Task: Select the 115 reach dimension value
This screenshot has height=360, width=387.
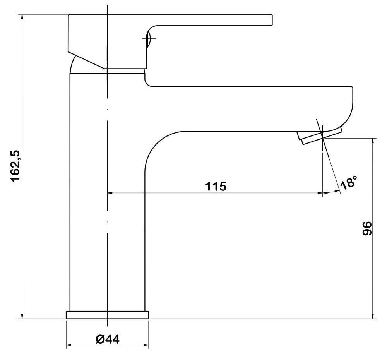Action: (x=216, y=186)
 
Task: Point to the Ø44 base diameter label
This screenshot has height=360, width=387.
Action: (x=107, y=339)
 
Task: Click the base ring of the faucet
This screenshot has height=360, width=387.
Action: (x=108, y=315)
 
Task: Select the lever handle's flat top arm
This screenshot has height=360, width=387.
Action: (x=209, y=19)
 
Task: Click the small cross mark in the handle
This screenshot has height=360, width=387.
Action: (x=150, y=39)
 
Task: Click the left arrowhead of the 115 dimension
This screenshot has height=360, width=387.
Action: (x=110, y=192)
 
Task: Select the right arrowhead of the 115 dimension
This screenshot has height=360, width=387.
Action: (x=320, y=192)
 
